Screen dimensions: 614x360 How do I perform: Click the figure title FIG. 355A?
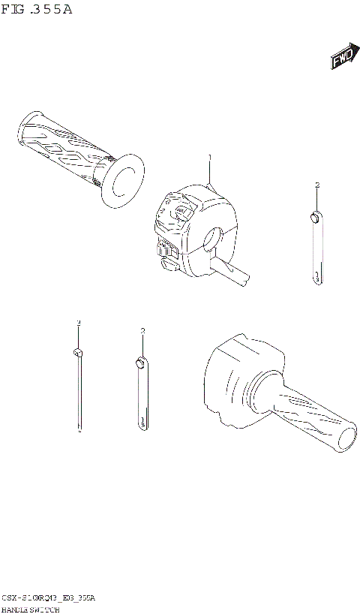pyautogui.click(x=37, y=10)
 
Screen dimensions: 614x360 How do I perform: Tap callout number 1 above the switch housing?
pyautogui.click(x=210, y=157)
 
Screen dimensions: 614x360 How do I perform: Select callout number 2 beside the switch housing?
pyautogui.click(x=317, y=184)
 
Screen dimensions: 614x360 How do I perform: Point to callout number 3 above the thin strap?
pyautogui.click(x=77, y=322)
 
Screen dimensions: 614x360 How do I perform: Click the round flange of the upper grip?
pyautogui.click(x=121, y=181)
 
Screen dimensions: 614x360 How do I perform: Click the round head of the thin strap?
pyautogui.click(x=77, y=352)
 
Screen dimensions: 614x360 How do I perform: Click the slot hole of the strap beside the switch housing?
pyautogui.click(x=318, y=276)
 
